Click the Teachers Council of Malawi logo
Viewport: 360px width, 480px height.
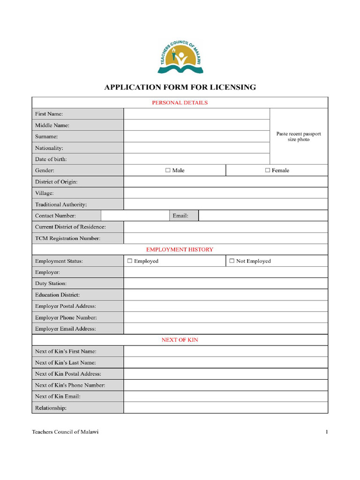point(180,58)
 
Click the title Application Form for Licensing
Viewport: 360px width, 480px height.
point(180,87)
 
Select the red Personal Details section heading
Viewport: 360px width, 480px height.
point(180,103)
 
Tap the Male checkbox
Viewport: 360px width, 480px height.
point(168,171)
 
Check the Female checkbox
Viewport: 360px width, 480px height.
point(268,171)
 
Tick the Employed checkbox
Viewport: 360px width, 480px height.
point(130,261)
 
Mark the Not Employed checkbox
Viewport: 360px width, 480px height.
point(232,261)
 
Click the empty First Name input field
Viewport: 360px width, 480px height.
point(196,114)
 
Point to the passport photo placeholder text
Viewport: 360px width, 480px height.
point(299,136)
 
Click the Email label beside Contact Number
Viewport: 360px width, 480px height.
point(180,216)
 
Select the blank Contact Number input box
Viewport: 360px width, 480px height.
point(135,216)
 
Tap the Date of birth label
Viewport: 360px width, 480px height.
point(51,159)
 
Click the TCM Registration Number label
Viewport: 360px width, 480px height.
point(67,239)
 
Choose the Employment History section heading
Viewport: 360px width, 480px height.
point(180,250)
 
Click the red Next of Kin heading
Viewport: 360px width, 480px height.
point(180,340)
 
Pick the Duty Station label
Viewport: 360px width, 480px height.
point(51,284)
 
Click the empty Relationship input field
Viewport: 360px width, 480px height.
point(225,408)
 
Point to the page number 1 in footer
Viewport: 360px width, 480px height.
point(327,432)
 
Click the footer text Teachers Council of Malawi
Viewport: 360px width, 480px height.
point(65,432)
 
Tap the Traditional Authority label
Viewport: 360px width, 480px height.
point(61,204)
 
